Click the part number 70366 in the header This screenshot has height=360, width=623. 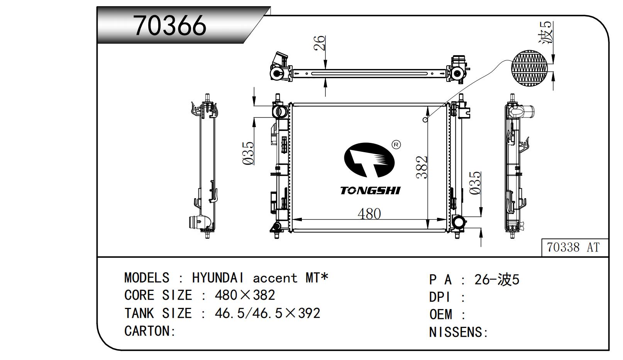tap(170, 25)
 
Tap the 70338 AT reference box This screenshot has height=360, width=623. tap(575, 248)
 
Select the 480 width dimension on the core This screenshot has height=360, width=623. tap(369, 214)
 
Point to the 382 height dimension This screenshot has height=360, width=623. tap(422, 167)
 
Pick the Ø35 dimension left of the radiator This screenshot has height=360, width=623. tap(248, 153)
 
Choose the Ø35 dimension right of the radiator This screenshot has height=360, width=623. tap(475, 183)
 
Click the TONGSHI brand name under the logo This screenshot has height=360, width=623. tap(370, 191)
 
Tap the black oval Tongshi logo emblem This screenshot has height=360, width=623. tap(369, 160)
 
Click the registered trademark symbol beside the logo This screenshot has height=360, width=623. tap(396, 145)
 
